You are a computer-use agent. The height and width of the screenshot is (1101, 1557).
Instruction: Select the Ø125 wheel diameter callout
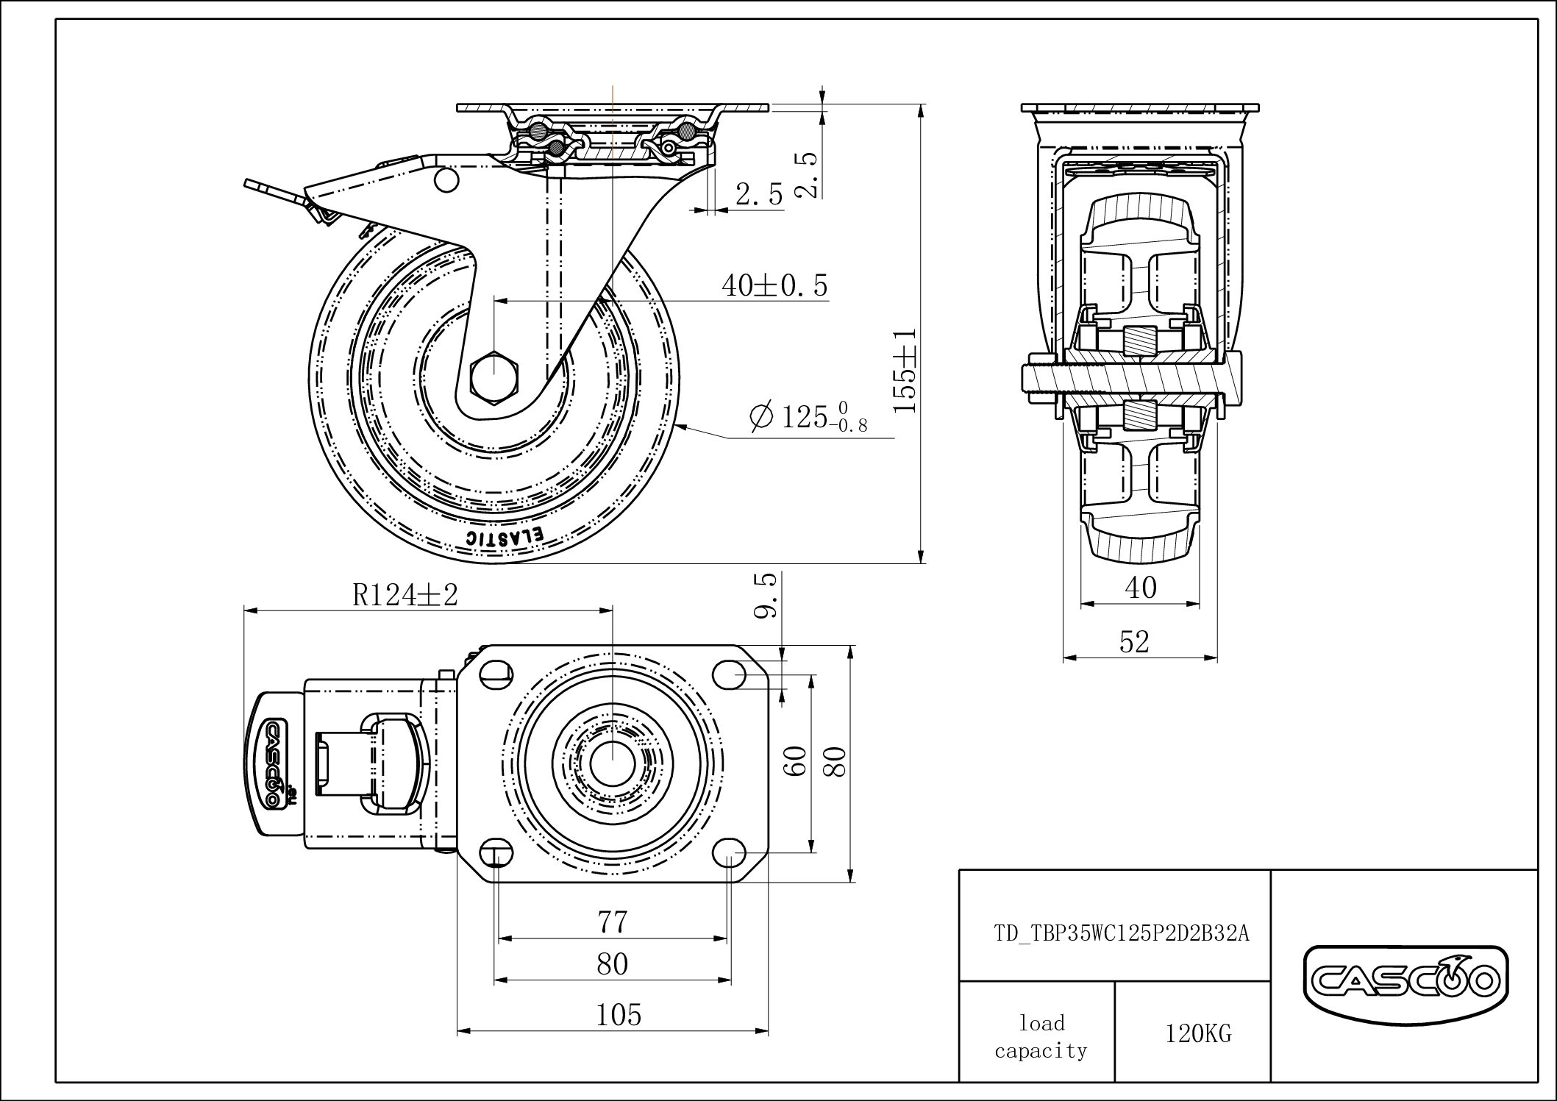[809, 417]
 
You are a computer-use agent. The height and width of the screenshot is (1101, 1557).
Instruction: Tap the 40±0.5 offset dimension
[774, 285]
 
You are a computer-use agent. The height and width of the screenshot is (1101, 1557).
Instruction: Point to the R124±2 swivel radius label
[405, 594]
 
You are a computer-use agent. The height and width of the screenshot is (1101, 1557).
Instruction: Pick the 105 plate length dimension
[619, 1015]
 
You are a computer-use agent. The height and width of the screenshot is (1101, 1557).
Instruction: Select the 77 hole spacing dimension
[613, 922]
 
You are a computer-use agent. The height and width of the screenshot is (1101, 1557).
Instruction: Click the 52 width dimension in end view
[1133, 642]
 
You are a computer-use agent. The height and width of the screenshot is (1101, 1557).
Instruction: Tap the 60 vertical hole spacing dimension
[797, 761]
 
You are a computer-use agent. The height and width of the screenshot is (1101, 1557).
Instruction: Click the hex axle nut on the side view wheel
[494, 377]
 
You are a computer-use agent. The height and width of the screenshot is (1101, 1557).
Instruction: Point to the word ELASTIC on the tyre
[505, 537]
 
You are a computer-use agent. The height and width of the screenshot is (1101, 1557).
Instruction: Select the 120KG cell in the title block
[1197, 1034]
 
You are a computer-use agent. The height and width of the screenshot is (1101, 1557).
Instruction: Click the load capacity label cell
[1040, 1036]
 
